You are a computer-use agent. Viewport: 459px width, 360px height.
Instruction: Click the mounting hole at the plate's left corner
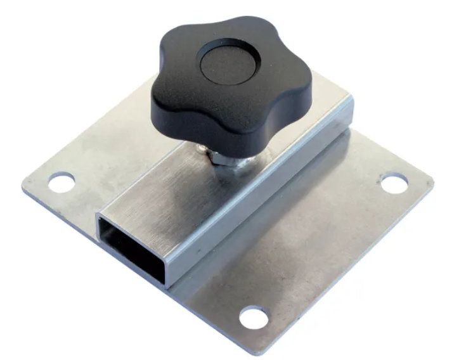tap(61, 183)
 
